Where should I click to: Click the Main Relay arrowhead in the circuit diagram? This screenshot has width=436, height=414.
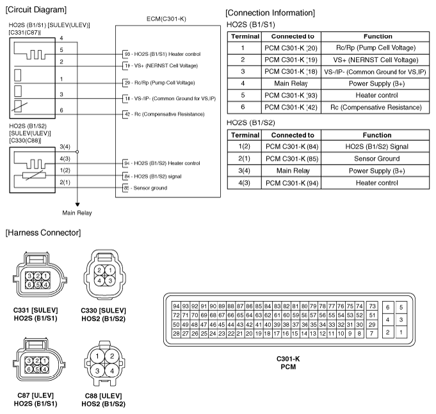(x=77, y=204)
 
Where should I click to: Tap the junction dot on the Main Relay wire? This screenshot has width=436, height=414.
(x=77, y=152)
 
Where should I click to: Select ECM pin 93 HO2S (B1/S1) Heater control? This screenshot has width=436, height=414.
(x=162, y=54)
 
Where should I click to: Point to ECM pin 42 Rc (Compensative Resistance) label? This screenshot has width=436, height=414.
(x=164, y=114)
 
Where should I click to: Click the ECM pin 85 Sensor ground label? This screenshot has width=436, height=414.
(x=145, y=188)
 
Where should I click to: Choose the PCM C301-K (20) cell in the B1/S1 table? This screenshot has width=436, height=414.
(x=291, y=48)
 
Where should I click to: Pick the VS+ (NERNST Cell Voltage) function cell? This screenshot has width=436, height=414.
(x=376, y=60)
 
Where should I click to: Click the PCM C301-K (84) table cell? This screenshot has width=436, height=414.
(x=292, y=147)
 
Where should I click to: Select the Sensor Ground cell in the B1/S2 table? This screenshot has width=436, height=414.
(x=376, y=158)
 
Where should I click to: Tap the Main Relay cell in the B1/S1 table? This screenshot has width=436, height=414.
(x=291, y=83)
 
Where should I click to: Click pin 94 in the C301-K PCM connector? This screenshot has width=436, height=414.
(x=176, y=306)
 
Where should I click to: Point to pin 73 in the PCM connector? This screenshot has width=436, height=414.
(x=372, y=306)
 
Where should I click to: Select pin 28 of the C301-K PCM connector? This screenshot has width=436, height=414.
(x=176, y=333)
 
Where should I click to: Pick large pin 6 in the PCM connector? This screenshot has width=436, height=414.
(x=387, y=308)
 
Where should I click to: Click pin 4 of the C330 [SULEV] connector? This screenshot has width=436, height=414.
(x=99, y=281)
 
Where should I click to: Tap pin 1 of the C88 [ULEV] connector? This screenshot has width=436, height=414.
(x=97, y=356)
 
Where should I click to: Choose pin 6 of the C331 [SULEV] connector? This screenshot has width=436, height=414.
(x=29, y=285)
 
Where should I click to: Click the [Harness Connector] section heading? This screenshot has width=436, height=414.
(x=43, y=233)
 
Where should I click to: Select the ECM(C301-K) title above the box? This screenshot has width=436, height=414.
(x=166, y=19)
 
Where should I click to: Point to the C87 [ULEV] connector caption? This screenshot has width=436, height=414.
(x=36, y=399)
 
